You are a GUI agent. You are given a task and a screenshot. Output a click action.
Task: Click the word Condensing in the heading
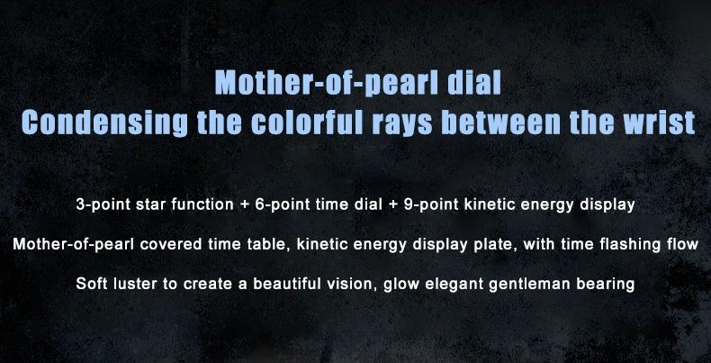[104, 122]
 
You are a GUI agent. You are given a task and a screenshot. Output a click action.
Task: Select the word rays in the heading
[402, 124]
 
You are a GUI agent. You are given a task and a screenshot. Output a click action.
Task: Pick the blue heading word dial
[473, 82]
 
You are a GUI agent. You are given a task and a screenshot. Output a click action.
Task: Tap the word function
[202, 204]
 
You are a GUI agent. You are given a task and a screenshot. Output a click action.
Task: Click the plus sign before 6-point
[245, 205]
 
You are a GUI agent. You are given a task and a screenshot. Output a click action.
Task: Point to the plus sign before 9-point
[393, 205]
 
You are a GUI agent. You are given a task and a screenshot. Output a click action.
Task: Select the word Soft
[90, 284]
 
